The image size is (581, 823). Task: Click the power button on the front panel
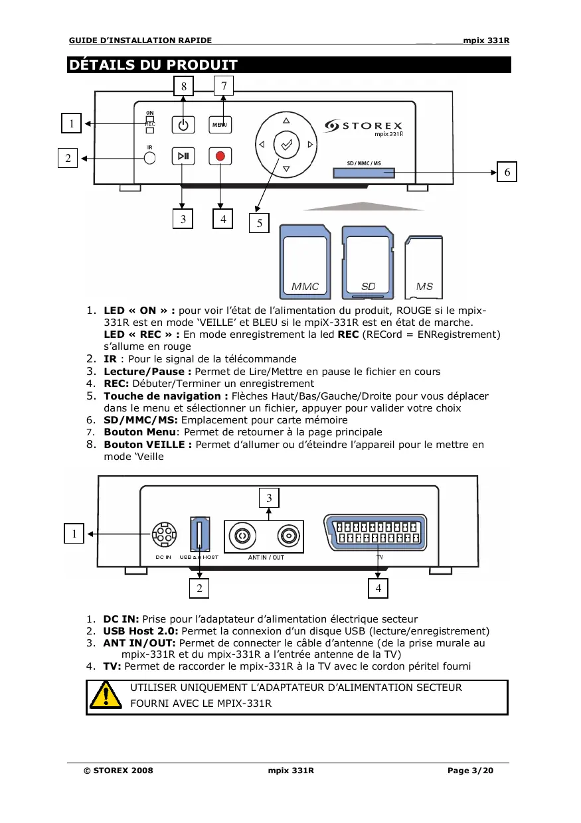click(183, 124)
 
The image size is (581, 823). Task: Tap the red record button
click(221, 157)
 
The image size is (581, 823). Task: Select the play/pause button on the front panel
click(183, 157)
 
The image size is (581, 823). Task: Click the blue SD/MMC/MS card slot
click(364, 173)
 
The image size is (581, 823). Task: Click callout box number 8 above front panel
click(184, 86)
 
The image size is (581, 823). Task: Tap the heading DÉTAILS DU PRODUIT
click(153, 65)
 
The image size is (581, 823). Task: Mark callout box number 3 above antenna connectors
click(269, 497)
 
